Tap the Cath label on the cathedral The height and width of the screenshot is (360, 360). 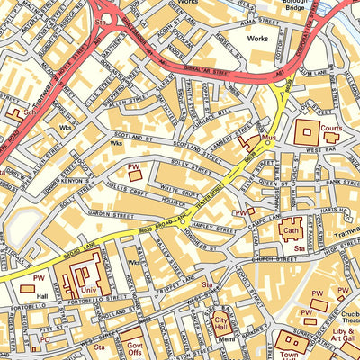290,229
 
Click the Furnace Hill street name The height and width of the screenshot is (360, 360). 206,107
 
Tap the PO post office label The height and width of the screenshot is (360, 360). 44,340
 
